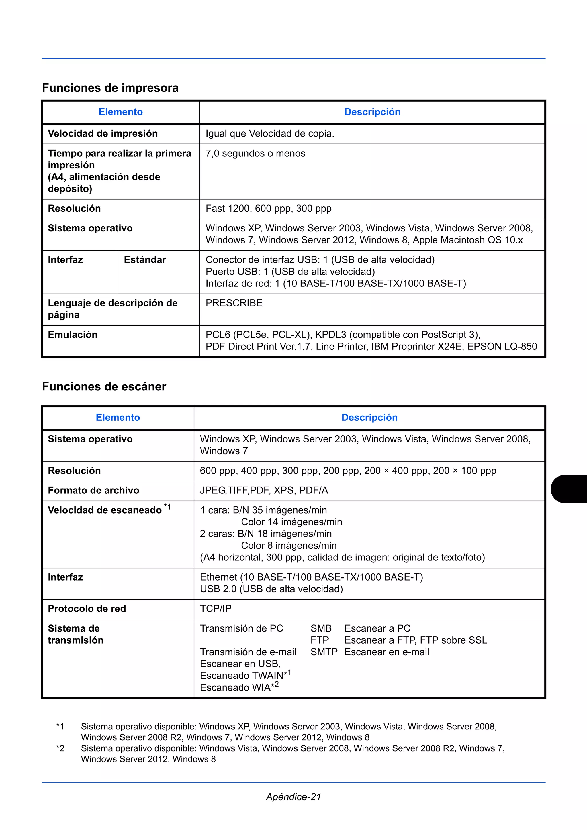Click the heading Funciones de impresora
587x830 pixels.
[110, 88]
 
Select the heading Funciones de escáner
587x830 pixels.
[104, 386]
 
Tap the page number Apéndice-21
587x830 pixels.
[293, 797]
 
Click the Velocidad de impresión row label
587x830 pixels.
[103, 134]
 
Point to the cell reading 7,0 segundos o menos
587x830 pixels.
[255, 154]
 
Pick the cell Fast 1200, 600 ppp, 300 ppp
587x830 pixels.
[268, 209]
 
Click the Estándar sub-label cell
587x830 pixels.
[145, 260]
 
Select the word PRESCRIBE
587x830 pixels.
[234, 303]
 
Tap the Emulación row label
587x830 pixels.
[73, 335]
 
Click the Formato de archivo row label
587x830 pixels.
[93, 491]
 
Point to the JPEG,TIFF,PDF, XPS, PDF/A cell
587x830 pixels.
[264, 491]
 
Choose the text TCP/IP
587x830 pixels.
[216, 609]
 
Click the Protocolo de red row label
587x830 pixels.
[87, 609]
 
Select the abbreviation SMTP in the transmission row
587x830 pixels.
[324, 652]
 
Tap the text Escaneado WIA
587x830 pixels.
[235, 688]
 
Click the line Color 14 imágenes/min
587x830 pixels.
[291, 522]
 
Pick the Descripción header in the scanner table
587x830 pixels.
[369, 418]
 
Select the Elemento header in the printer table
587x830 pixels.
[120, 112]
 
